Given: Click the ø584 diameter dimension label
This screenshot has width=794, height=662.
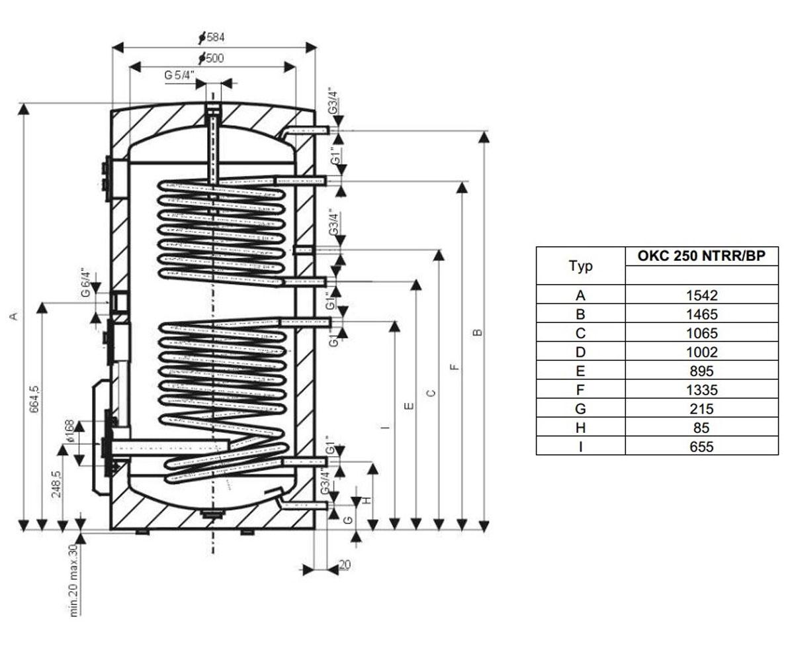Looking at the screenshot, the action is tap(212, 37).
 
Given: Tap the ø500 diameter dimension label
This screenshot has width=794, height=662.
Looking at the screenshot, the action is tap(211, 58).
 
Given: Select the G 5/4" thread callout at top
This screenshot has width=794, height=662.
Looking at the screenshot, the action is tap(179, 75).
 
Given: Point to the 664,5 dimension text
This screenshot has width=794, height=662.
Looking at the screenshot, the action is tap(34, 399).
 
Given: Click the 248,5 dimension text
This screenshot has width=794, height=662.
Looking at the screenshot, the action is tap(56, 485).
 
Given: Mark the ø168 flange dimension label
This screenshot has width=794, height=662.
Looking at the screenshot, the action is tap(69, 432).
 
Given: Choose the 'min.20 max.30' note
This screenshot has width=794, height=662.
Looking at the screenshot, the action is tap(73, 581).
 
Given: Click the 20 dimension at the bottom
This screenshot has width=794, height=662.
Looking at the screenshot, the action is tap(345, 565).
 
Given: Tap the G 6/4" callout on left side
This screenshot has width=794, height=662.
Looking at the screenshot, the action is tap(86, 283).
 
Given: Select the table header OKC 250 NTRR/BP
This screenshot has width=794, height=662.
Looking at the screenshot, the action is tap(701, 256).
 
